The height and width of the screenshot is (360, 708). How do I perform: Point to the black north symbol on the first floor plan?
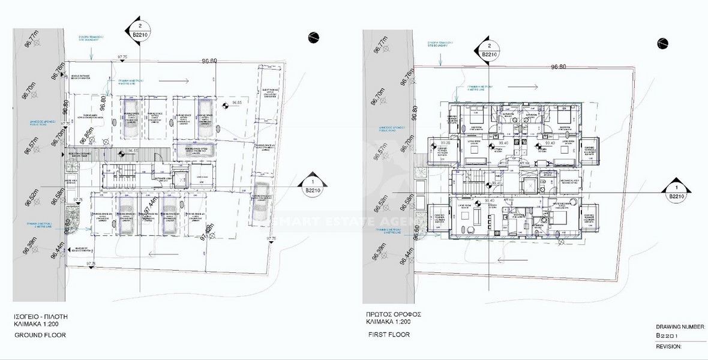point(662,43)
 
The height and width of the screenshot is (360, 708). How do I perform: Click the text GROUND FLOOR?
point(40,335)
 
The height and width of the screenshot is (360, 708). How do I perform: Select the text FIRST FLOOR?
point(389,334)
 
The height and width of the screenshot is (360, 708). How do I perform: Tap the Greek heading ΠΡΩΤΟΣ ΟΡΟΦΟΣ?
point(394,314)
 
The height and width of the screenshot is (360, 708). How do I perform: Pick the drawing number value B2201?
point(667,336)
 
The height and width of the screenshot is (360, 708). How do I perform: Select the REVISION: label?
point(670,346)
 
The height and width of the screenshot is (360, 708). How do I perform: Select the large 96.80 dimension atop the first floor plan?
point(559,67)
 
